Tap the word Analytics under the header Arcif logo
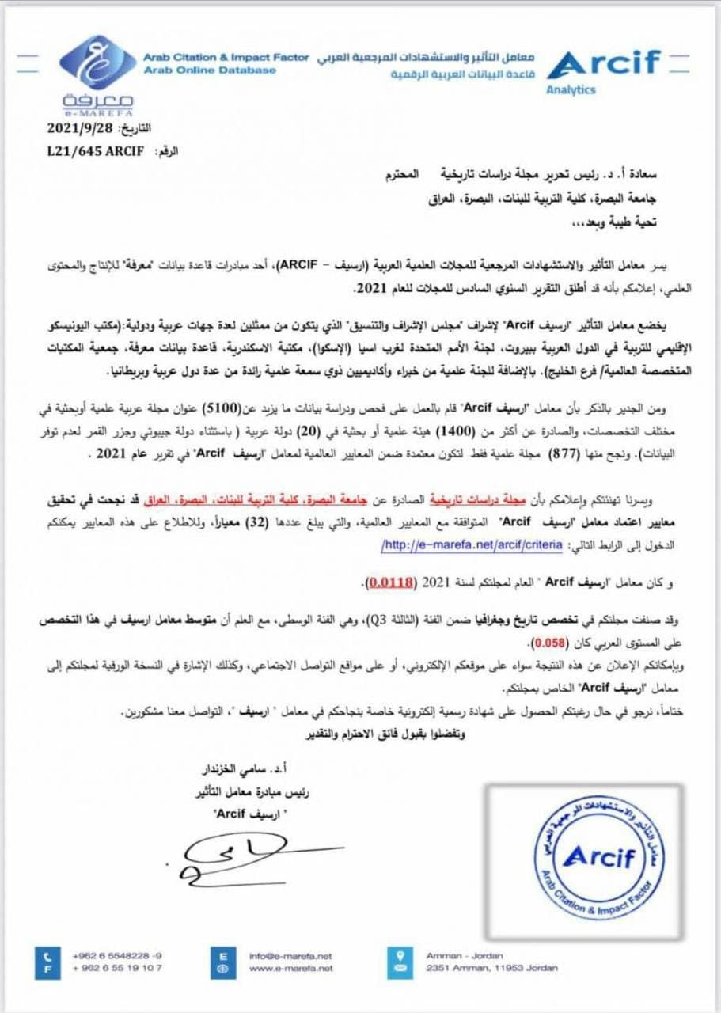click(570, 89)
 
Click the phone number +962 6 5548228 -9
click(117, 955)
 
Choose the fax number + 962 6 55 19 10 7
click(117, 968)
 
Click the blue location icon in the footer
click(399, 961)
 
